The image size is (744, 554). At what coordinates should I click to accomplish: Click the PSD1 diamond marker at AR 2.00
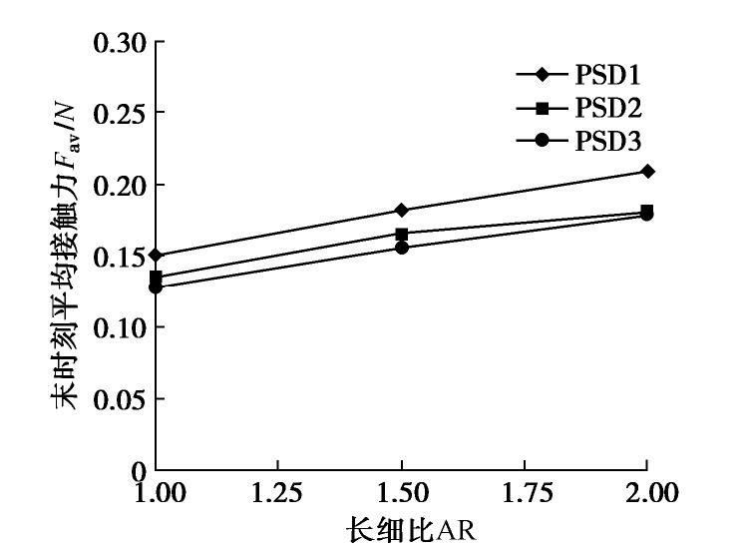click(647, 171)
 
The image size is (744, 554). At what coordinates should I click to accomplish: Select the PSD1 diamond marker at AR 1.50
click(402, 210)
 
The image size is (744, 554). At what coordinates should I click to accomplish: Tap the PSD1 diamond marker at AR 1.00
click(157, 256)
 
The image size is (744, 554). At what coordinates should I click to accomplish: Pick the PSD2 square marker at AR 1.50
click(402, 234)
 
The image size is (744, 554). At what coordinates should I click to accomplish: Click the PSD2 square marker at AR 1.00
click(157, 277)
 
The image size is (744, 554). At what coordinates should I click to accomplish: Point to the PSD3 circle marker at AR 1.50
click(402, 248)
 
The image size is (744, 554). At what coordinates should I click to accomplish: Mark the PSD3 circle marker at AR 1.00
click(157, 287)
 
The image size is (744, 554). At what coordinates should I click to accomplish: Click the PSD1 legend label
click(606, 75)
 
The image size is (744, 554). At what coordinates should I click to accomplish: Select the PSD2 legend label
click(606, 108)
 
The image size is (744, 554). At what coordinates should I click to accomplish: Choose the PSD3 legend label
click(606, 141)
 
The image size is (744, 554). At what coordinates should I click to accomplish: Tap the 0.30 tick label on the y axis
click(120, 43)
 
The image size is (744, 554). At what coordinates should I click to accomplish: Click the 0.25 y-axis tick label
click(120, 114)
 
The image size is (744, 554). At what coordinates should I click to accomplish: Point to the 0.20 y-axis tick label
click(120, 185)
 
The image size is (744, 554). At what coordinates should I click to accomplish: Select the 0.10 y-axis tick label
click(120, 327)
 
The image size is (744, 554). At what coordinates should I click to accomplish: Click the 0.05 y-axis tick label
click(120, 398)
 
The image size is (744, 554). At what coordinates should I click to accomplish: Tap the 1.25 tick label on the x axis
click(279, 493)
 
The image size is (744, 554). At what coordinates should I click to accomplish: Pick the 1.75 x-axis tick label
click(525, 493)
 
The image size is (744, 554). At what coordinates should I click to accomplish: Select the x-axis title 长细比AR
click(411, 528)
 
